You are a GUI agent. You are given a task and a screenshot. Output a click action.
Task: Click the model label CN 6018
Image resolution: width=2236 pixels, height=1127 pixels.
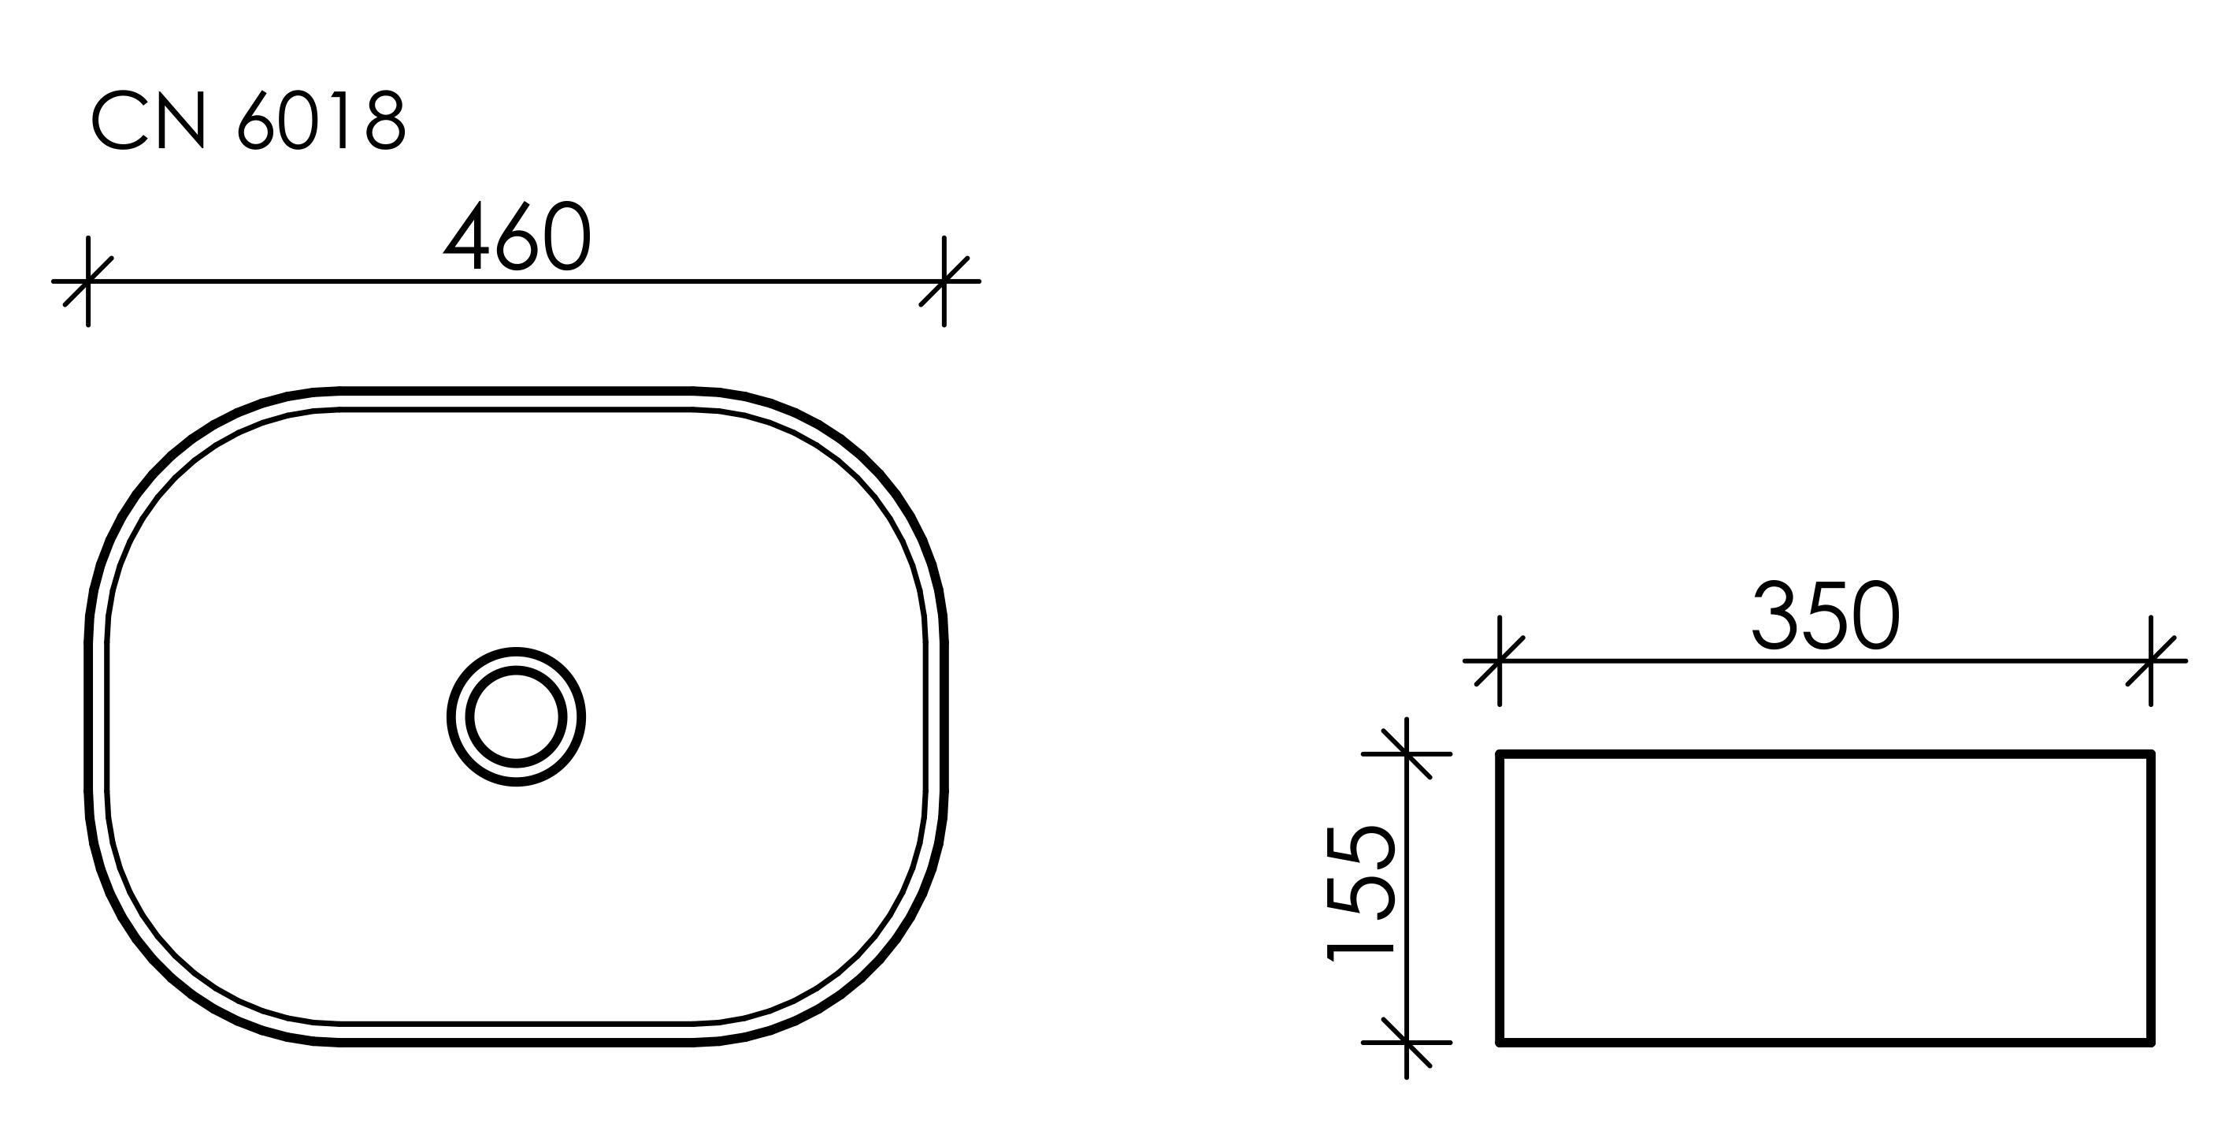coord(248,121)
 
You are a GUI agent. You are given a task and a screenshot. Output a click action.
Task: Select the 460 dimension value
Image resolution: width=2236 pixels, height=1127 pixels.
coord(517,236)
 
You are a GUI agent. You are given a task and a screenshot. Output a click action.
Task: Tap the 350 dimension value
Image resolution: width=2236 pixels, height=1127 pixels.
coord(1826,616)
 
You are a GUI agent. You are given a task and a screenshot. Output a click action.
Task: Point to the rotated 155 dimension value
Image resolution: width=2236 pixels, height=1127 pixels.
coord(1360,894)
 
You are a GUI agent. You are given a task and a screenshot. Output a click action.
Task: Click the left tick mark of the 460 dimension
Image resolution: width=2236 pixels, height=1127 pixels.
coord(87,281)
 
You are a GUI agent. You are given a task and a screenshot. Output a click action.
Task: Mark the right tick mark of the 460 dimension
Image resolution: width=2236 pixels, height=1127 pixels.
coord(944,281)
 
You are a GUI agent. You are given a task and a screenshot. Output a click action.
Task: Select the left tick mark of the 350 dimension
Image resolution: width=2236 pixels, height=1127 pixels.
coord(1499,660)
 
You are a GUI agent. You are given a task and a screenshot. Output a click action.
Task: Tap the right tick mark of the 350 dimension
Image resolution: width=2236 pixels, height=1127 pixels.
coord(2150,660)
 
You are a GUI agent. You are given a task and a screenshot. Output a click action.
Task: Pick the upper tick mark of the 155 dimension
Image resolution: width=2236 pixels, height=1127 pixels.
coord(1406,753)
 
